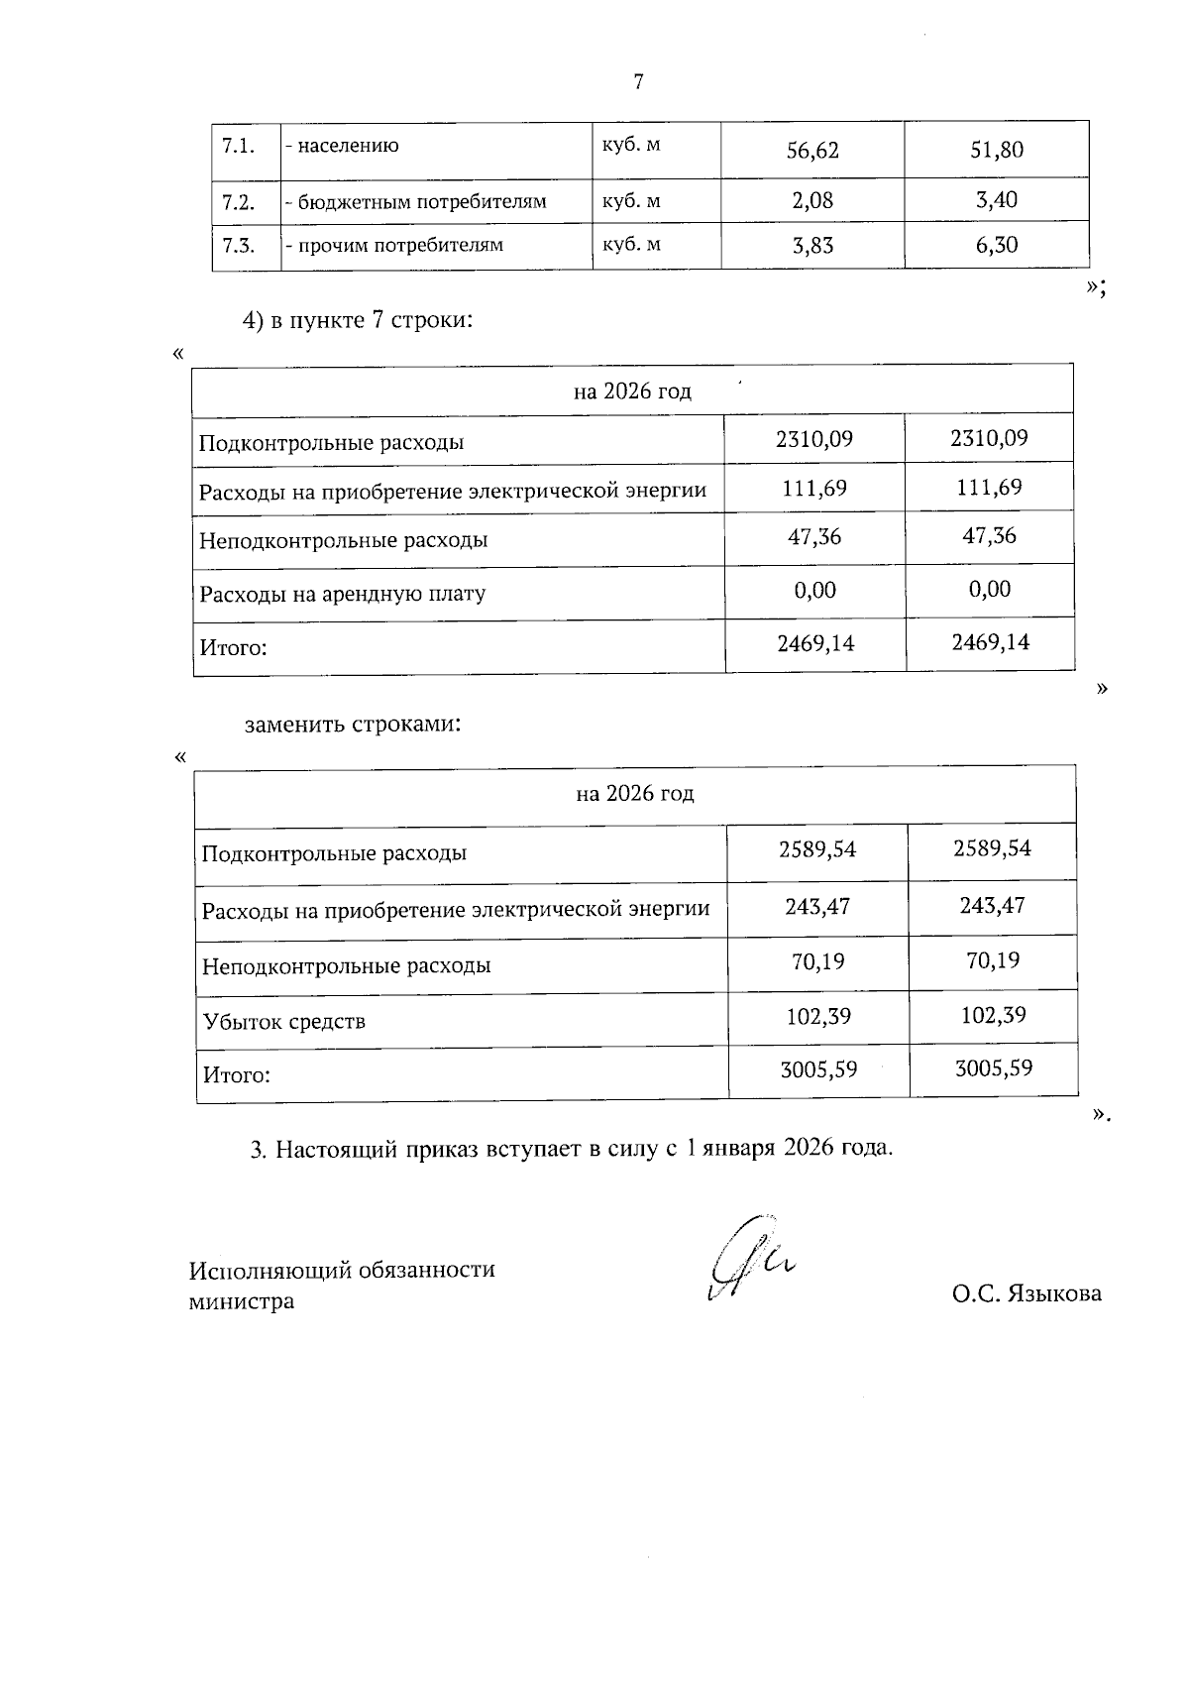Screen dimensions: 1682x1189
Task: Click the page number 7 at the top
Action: (x=638, y=82)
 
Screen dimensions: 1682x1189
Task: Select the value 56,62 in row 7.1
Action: (x=812, y=151)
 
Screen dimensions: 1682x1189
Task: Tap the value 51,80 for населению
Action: (x=996, y=151)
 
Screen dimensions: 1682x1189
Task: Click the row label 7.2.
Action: (x=239, y=202)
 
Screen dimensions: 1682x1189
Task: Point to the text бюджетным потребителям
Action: (x=416, y=202)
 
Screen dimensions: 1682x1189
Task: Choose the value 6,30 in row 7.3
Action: (x=996, y=246)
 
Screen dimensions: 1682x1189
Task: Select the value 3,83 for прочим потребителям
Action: (x=812, y=246)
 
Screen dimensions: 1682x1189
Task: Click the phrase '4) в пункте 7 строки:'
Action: (x=356, y=321)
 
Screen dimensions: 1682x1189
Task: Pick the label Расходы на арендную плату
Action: (x=343, y=595)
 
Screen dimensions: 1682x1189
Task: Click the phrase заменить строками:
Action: (x=354, y=725)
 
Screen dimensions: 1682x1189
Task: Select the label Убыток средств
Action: (x=284, y=1022)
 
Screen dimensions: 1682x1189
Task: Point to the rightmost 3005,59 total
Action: (x=993, y=1068)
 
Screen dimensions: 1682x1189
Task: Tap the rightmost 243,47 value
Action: (x=992, y=906)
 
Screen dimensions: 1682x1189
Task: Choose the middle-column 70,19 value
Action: (x=817, y=961)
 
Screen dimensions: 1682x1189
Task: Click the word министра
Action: (x=242, y=1301)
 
